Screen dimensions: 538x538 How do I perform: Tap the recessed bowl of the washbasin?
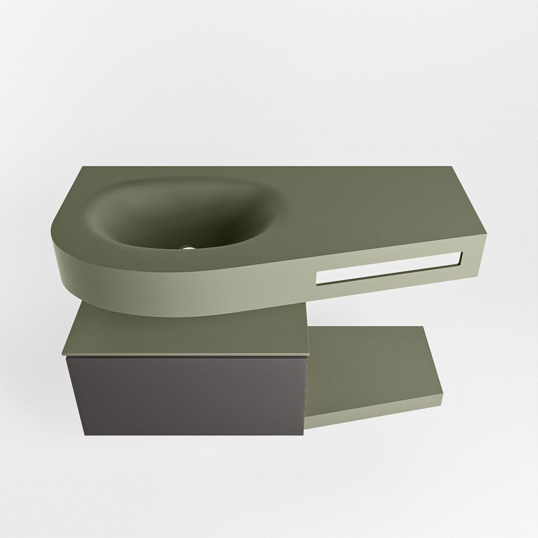click(x=178, y=215)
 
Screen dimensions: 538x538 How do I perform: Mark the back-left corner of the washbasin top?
click(x=83, y=167)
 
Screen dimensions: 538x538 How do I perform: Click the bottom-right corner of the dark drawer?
click(x=304, y=434)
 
